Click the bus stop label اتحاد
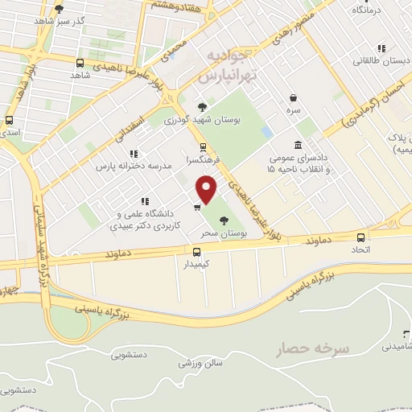[x=360, y=249]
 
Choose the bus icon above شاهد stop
[x=79, y=62]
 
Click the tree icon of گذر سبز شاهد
[x=59, y=9]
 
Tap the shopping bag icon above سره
[x=292, y=97]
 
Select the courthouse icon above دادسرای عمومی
[x=299, y=145]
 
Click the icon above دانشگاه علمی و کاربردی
[x=144, y=201]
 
